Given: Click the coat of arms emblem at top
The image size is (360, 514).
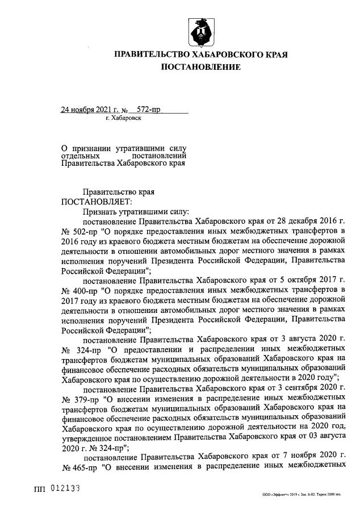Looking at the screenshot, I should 201,32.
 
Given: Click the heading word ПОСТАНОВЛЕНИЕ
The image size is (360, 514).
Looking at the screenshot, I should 202,68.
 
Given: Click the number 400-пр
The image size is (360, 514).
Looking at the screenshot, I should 81,290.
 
